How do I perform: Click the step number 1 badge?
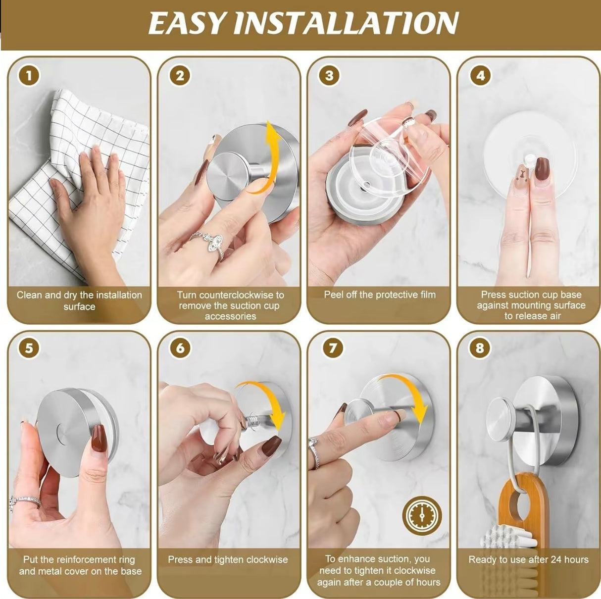tap(29, 76)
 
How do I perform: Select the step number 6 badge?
tap(180, 348)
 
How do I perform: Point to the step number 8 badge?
tap(480, 348)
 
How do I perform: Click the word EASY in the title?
tap(187, 23)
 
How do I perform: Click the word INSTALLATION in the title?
tap(345, 23)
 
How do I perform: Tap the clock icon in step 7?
tap(422, 515)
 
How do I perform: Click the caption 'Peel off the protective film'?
tap(380, 295)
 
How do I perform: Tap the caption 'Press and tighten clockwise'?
tap(228, 560)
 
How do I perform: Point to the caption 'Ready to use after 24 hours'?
tap(528, 560)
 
